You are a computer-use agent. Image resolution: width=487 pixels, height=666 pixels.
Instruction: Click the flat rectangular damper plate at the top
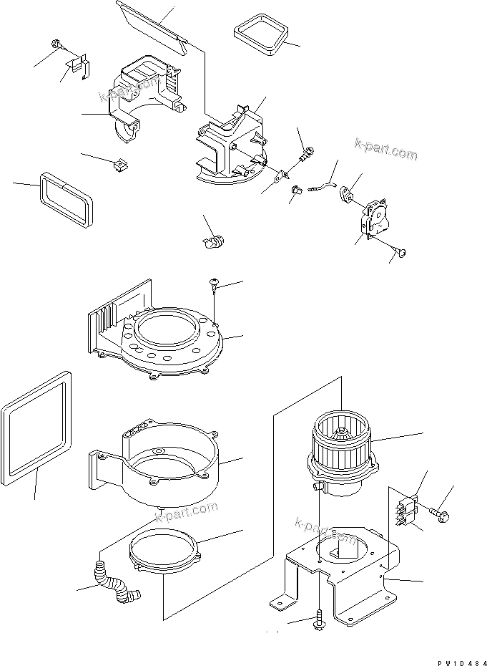(x=153, y=26)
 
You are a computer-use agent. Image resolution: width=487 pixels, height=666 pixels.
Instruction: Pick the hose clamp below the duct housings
(x=212, y=241)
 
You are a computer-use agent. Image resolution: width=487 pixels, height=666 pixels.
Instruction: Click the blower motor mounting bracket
(x=336, y=573)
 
